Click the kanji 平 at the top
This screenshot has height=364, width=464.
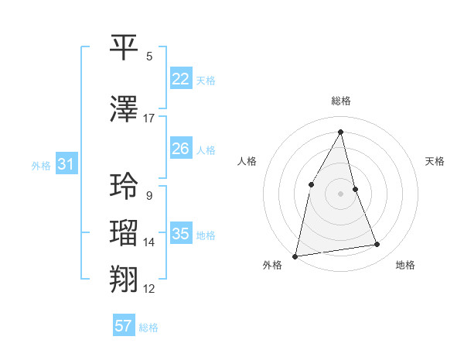(x=125, y=47)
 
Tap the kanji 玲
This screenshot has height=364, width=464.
(x=125, y=186)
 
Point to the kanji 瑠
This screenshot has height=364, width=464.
(x=125, y=233)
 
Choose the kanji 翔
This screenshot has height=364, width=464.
(x=125, y=279)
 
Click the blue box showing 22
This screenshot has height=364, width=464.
(x=180, y=78)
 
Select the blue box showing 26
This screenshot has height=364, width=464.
(x=180, y=148)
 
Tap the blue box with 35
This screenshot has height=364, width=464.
(x=180, y=234)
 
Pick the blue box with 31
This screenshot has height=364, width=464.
(x=66, y=164)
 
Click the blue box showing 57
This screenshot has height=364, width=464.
(x=124, y=326)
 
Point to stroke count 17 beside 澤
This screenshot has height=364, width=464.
(x=149, y=118)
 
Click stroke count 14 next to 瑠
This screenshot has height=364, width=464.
(x=149, y=242)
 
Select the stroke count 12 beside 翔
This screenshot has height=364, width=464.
(x=149, y=289)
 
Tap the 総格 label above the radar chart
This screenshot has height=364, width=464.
(x=340, y=101)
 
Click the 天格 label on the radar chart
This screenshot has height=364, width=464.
(x=435, y=161)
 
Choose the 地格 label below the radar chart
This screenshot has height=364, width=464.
(x=405, y=265)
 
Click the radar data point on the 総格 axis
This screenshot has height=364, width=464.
(x=340, y=132)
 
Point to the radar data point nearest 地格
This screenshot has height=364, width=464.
(x=377, y=245)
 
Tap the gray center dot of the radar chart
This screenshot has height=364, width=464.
(x=340, y=193)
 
